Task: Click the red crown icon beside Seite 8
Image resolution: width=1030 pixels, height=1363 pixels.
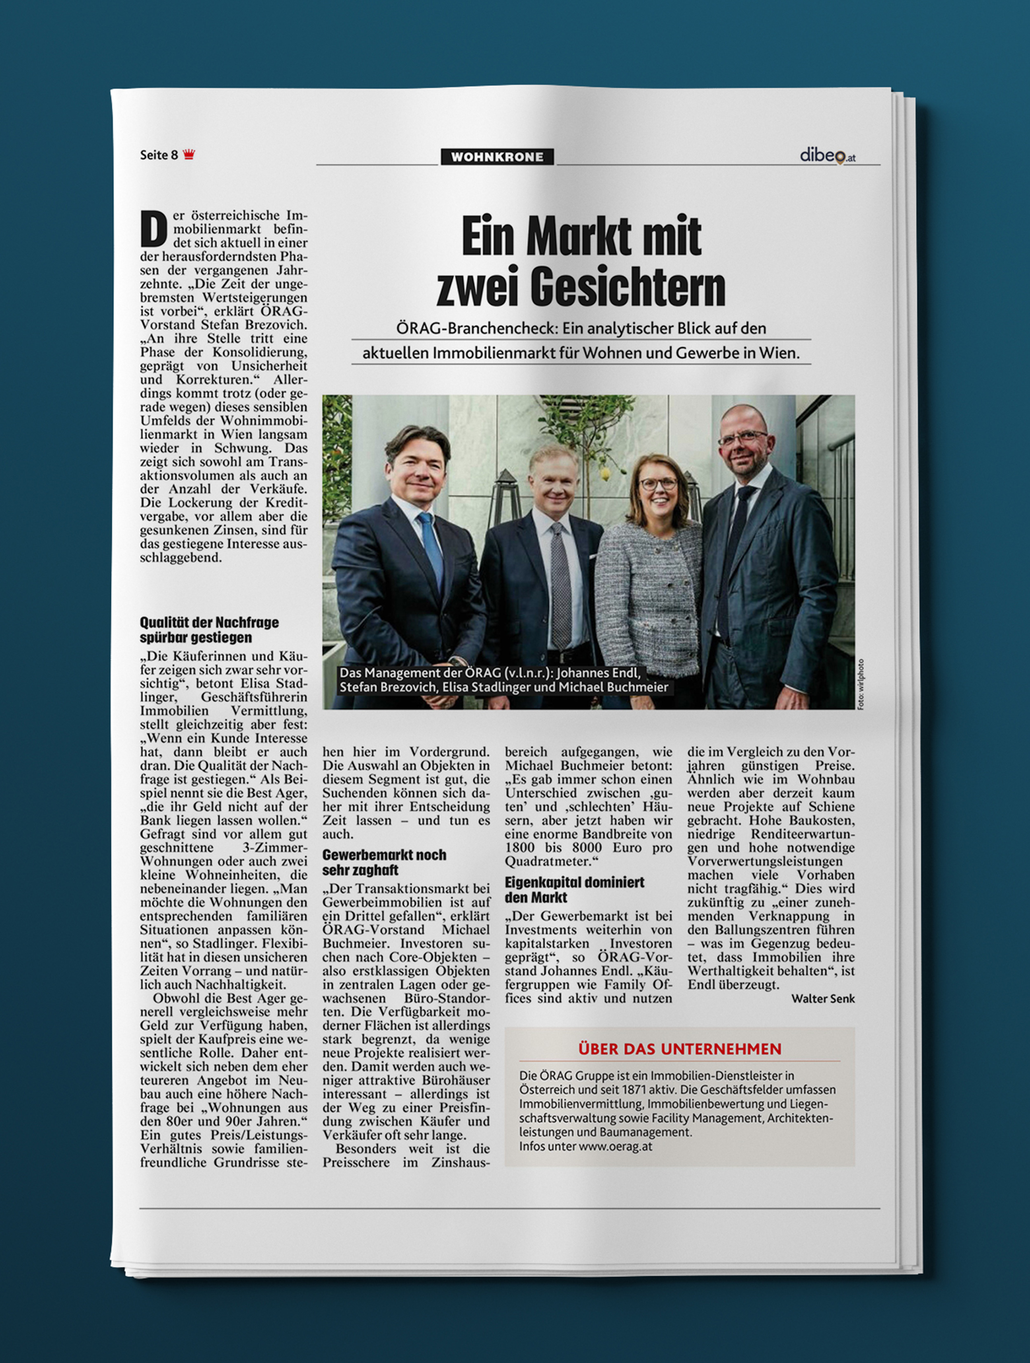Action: pyautogui.click(x=189, y=154)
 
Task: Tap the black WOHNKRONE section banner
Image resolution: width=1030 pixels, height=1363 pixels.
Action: pyautogui.click(x=497, y=157)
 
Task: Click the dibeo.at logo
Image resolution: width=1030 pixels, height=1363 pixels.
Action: pyautogui.click(x=827, y=156)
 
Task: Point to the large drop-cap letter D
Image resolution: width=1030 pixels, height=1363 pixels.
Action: pyautogui.click(x=154, y=229)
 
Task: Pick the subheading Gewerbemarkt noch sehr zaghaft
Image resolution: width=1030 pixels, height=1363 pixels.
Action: pyautogui.click(x=384, y=862)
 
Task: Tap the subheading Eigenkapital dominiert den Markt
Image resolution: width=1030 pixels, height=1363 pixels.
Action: pyautogui.click(x=574, y=889)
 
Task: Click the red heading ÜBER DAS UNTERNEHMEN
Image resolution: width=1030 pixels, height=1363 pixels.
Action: pyautogui.click(x=679, y=1049)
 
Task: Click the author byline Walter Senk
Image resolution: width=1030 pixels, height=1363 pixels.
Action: pyautogui.click(x=823, y=998)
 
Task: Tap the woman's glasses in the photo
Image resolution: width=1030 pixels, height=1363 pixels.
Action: pyautogui.click(x=658, y=484)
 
